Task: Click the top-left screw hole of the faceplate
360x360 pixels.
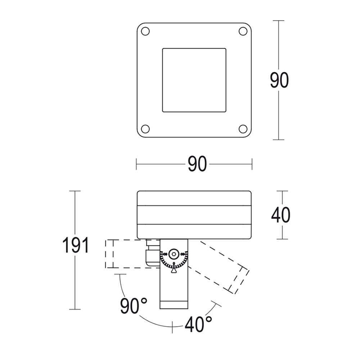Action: pos(145,31)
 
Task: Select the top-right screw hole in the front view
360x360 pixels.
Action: pos(243,31)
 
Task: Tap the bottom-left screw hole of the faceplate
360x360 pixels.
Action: pos(145,129)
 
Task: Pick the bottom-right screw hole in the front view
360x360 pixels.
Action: pos(243,129)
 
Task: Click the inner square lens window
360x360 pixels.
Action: pos(194,80)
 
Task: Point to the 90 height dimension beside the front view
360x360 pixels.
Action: pos(279,80)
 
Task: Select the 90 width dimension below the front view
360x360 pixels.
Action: pos(197,165)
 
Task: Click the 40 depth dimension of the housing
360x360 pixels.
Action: pos(280,215)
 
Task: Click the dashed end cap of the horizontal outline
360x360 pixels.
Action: pos(109,254)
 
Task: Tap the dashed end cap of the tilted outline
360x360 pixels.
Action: pos(238,279)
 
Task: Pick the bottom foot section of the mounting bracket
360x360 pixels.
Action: pos(174,305)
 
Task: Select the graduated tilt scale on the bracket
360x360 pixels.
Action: pos(174,262)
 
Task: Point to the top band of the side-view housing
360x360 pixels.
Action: pos(194,198)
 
